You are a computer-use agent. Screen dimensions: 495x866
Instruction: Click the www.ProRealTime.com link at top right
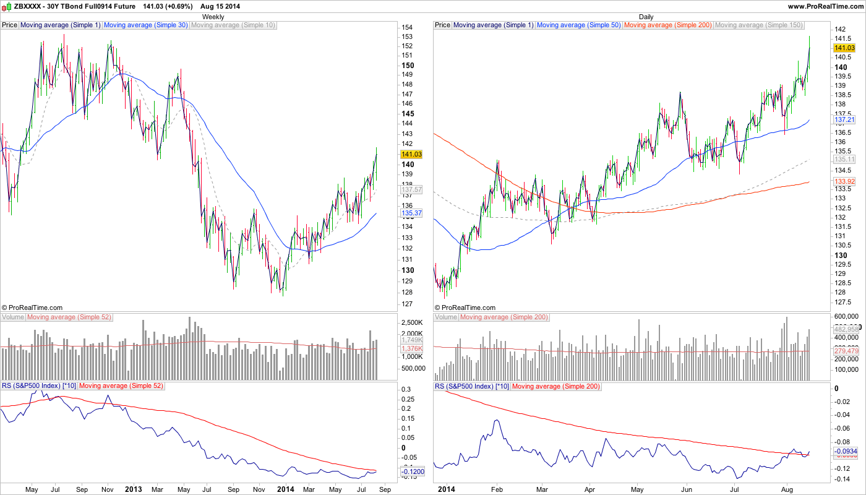[826, 6]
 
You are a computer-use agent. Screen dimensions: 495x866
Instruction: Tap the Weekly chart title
[213, 17]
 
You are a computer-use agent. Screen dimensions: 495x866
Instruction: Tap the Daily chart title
[646, 17]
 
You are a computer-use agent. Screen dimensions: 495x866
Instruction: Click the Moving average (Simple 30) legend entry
[145, 25]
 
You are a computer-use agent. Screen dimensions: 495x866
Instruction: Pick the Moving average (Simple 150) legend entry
[758, 25]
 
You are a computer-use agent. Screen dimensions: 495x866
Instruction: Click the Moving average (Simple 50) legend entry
[578, 25]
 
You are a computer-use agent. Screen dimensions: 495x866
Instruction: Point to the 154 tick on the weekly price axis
[407, 28]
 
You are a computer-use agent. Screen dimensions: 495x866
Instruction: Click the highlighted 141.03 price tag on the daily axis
[844, 48]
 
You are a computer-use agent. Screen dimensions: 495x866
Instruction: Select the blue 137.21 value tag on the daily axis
[844, 119]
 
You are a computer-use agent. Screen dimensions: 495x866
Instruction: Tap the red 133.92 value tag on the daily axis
[844, 181]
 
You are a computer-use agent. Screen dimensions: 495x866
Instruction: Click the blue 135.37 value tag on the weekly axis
[411, 213]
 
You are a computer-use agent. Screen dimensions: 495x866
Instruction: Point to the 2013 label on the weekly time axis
[133, 489]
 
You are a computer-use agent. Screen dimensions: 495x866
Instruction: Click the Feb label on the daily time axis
[497, 489]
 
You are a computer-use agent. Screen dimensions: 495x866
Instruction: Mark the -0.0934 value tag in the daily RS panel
[846, 452]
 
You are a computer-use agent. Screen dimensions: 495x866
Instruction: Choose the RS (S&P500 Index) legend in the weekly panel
[39, 386]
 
